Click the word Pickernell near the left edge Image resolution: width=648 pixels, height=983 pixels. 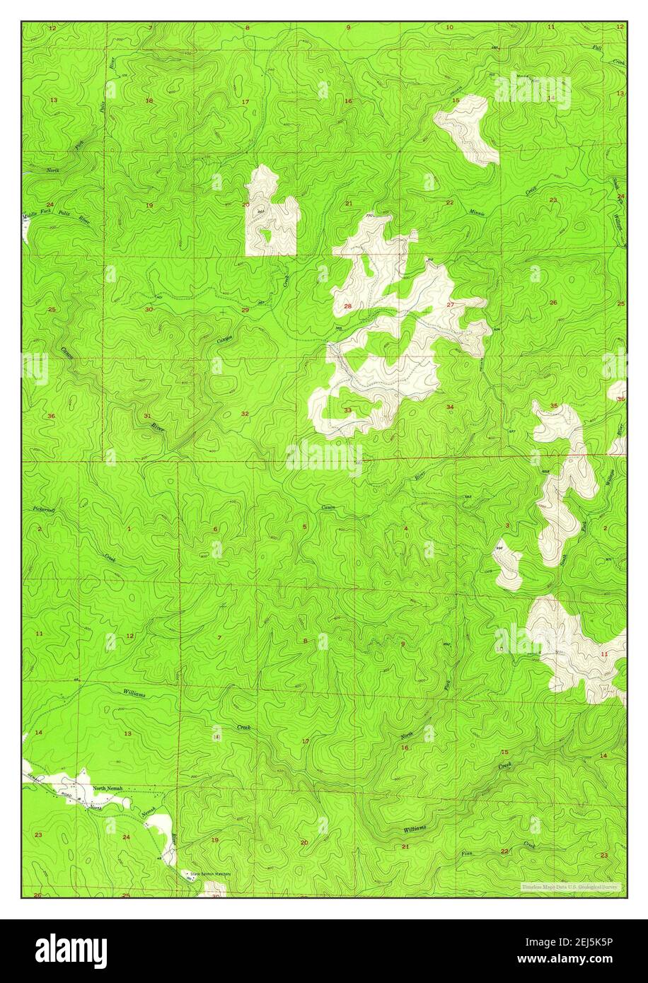(44, 508)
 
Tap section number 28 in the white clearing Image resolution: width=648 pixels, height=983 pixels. (347, 306)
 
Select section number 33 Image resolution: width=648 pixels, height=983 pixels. (347, 410)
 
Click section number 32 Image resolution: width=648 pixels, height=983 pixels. (245, 414)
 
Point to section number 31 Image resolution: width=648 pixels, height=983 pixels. (147, 415)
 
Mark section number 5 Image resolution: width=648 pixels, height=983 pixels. (305, 527)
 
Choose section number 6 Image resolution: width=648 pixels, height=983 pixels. (215, 529)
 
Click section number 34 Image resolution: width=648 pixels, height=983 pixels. (450, 407)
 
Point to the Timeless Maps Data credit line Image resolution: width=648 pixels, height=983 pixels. (570, 887)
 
